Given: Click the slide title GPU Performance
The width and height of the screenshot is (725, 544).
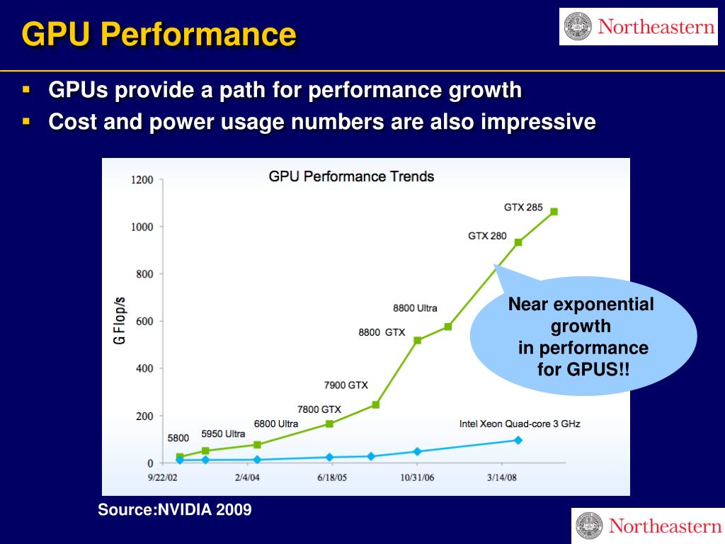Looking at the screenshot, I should tap(159, 34).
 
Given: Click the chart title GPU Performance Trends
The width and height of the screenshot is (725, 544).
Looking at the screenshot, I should tap(351, 176).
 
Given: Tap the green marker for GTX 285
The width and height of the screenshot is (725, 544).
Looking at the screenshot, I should tap(554, 211).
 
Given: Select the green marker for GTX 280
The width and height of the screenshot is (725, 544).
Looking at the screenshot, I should tap(518, 242).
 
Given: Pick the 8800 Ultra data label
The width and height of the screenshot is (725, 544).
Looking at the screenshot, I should tap(415, 308).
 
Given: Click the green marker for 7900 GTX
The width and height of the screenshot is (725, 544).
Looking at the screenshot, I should tap(375, 404).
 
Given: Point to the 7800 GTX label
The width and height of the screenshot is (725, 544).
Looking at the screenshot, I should tap(319, 409).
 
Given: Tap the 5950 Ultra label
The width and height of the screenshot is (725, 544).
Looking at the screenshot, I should tap(223, 433).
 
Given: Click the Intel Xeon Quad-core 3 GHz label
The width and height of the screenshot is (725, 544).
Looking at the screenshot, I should tap(520, 424).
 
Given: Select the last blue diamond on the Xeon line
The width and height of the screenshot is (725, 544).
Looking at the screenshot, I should tap(518, 440).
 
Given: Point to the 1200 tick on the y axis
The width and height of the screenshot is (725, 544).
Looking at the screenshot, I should tap(142, 180).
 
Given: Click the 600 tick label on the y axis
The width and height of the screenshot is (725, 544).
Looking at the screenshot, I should tap(144, 322).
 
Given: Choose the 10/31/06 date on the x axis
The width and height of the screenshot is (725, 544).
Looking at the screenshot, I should tap(417, 477).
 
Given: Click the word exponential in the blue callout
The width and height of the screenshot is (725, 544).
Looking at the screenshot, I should tap(603, 305).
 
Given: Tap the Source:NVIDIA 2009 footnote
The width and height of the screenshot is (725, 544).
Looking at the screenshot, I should tap(174, 509).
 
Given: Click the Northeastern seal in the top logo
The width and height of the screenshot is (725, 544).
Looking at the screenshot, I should tap(578, 27).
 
